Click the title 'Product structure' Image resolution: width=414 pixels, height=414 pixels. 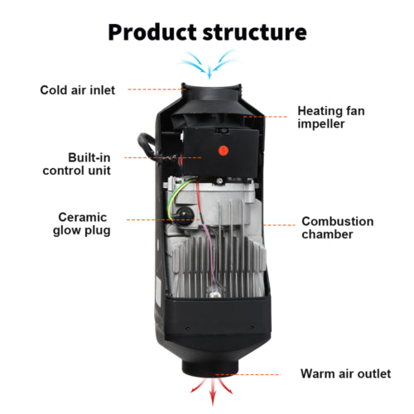pos(207,32)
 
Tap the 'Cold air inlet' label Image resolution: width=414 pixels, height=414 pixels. pos(78,89)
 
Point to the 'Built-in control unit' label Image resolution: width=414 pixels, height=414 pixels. pos(78,163)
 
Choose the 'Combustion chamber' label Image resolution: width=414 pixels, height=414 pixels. pos(337,228)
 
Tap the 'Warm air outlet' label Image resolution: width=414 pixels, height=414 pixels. pos(345,374)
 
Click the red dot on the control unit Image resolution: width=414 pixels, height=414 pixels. pos(222,151)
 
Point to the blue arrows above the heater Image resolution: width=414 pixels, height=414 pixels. pos(206,60)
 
